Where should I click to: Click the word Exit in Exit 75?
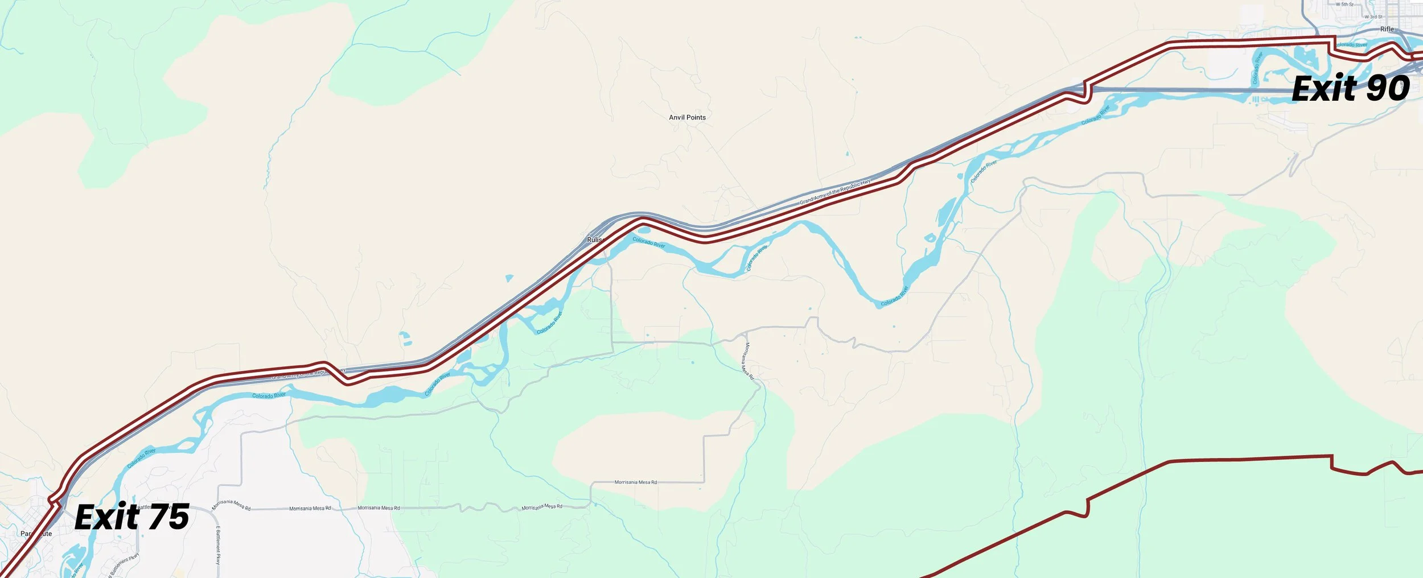[x=107, y=517]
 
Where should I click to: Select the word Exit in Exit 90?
[x=1324, y=89]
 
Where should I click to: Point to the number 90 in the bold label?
[x=1388, y=89]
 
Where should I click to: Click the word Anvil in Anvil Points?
[x=677, y=118]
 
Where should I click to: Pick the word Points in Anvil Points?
[x=696, y=118]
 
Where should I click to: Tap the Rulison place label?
[x=594, y=240]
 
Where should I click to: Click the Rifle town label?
[x=1387, y=29]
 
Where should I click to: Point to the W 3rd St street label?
[x=1373, y=17]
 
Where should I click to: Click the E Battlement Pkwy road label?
[x=218, y=544]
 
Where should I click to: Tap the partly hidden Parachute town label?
[x=36, y=534]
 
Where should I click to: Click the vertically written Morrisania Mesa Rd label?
[x=748, y=361]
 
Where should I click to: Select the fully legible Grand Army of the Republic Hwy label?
[x=835, y=192]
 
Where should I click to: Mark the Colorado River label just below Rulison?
[x=649, y=243]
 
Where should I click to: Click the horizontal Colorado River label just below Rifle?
[x=1351, y=45]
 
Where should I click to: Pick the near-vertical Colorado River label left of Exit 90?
[x=1258, y=68]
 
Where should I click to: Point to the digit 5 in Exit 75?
[x=178, y=517]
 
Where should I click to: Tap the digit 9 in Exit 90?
[x=1377, y=89]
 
